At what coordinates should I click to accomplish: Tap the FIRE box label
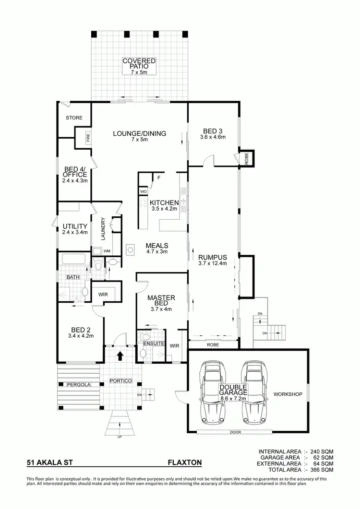pyautogui.click(x=88, y=137)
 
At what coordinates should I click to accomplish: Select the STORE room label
pyautogui.click(x=74, y=118)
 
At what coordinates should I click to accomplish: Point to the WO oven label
pyautogui.click(x=143, y=191)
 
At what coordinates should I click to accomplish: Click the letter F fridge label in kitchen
pyautogui.click(x=158, y=178)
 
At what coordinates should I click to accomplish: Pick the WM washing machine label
pyautogui.click(x=107, y=250)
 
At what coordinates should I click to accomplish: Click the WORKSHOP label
pyautogui.click(x=287, y=394)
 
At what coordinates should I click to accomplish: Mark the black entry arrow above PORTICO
pyautogui.click(x=120, y=356)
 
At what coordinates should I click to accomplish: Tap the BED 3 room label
pyautogui.click(x=212, y=131)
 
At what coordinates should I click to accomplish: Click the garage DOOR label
pyautogui.click(x=235, y=432)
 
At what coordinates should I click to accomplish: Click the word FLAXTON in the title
pyautogui.click(x=184, y=463)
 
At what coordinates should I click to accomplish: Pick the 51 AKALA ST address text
pyautogui.click(x=49, y=463)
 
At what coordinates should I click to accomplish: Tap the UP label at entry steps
pyautogui.click(x=120, y=437)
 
